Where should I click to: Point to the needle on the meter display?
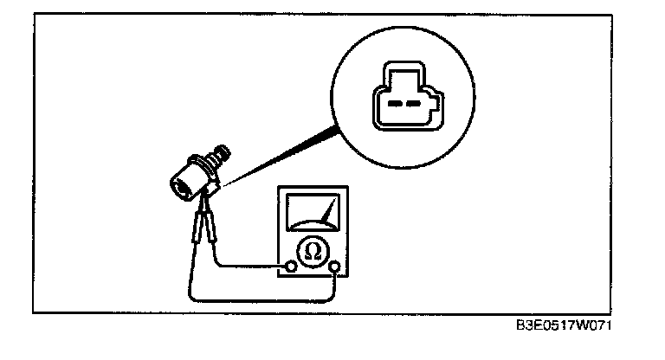pos(328,211)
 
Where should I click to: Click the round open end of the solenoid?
pos(181,183)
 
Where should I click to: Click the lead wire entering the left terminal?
pos(251,265)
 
